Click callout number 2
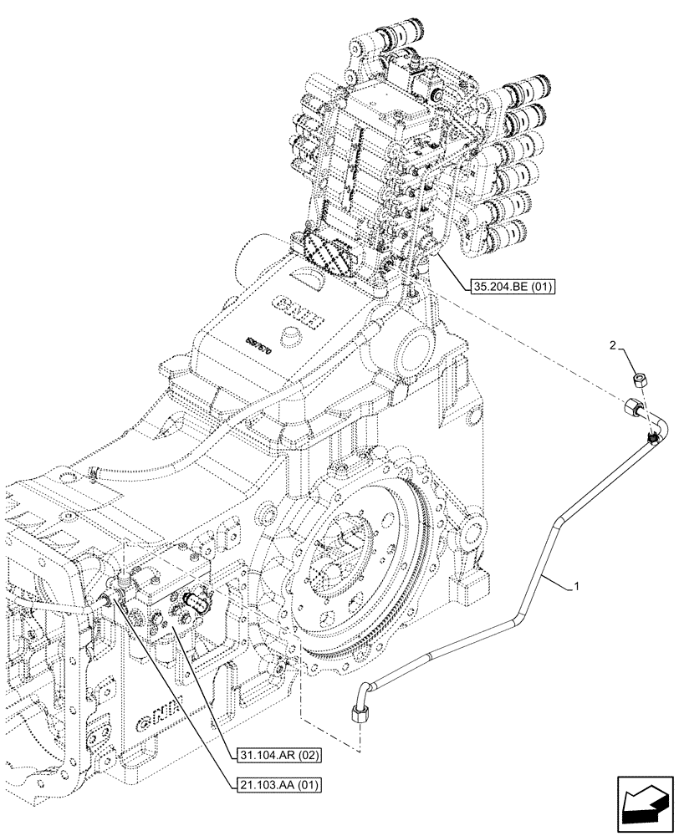[x=613, y=344]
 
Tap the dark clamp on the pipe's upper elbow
[x=651, y=437]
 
